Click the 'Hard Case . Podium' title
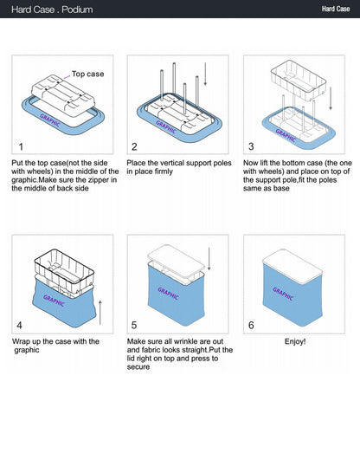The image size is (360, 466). tap(52, 10)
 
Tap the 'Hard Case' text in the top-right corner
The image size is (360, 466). tap(336, 9)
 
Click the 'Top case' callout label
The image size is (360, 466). tap(88, 74)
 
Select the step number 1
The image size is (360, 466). tap(21, 146)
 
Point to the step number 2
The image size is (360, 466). tap(134, 146)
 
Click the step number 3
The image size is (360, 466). tap(251, 146)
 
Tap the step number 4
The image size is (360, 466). tap(19, 326)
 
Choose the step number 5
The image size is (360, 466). tap(134, 325)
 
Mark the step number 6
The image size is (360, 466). tap(251, 325)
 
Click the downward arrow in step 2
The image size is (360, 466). tap(205, 74)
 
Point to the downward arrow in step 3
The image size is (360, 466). tap(331, 99)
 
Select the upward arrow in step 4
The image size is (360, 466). tap(100, 313)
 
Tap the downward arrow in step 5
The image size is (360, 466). tap(209, 259)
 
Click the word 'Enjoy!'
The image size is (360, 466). tap(295, 341)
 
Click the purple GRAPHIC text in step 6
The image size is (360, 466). tap(283, 294)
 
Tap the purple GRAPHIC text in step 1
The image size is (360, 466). tap(50, 120)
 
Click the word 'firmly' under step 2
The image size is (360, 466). tap(164, 172)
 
